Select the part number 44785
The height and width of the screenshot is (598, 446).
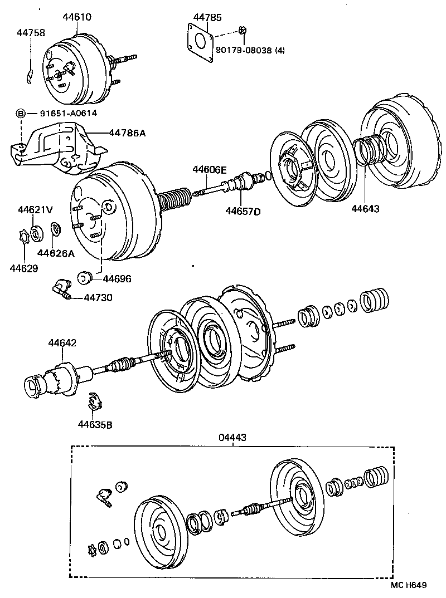[205, 17]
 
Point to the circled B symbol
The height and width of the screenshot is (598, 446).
[21, 114]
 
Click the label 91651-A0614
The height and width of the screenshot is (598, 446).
[68, 114]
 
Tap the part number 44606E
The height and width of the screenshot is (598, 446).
[210, 169]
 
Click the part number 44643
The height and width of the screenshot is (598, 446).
[365, 209]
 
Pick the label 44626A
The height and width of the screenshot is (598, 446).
[56, 253]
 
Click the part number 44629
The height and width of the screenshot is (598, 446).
[23, 268]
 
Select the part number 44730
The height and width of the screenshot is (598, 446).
[98, 298]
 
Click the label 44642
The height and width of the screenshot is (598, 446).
[62, 343]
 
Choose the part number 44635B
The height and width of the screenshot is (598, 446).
[95, 425]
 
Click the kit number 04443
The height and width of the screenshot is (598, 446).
[232, 438]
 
